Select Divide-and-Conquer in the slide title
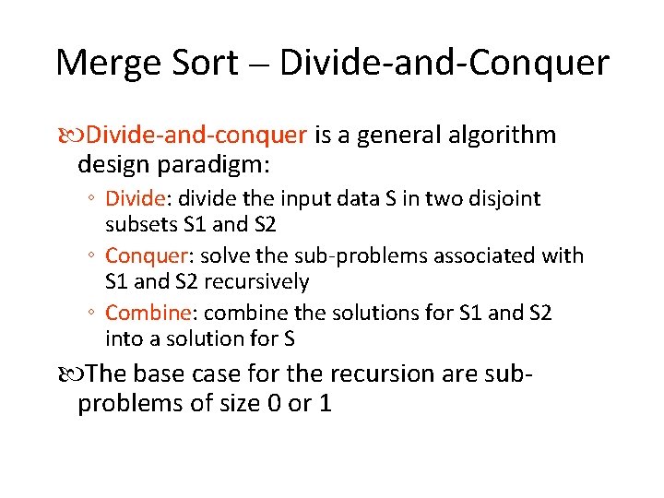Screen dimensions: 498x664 [444, 63]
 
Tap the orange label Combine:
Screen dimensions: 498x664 [149, 313]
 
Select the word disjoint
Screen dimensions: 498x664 [505, 198]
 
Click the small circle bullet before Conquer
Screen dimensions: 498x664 [93, 255]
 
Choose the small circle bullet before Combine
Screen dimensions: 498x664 [93, 314]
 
